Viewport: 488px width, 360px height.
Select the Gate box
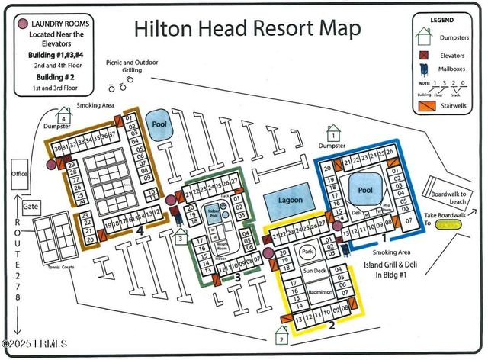(x=30, y=207)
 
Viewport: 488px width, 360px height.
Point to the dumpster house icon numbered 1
(x=332, y=135)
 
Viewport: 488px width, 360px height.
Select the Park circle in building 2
(x=307, y=251)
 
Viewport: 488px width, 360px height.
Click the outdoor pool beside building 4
(x=159, y=126)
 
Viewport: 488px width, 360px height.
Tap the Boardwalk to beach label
(x=441, y=196)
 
